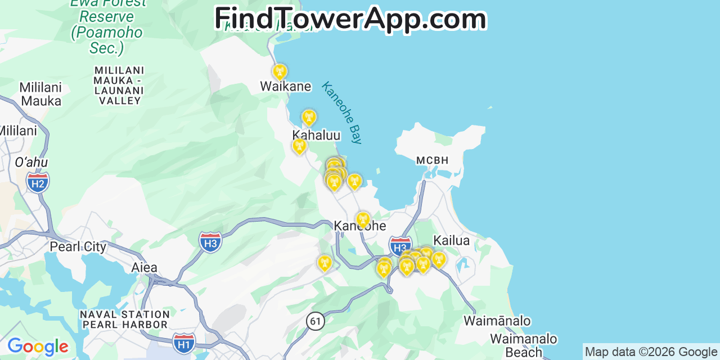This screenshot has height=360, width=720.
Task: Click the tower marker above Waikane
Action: (x=279, y=72)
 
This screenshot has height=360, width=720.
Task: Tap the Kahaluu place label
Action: (x=316, y=136)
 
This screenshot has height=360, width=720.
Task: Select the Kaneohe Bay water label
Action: (x=341, y=112)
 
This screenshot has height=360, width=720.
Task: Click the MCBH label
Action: (x=433, y=160)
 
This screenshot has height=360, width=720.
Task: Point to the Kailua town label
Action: (x=451, y=240)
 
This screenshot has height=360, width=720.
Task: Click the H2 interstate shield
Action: (x=38, y=183)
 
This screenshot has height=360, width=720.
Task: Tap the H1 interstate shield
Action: (x=184, y=343)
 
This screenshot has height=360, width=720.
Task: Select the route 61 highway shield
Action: (x=316, y=321)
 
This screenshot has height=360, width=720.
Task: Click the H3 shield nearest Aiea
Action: (x=210, y=242)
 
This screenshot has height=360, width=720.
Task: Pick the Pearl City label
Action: (x=78, y=247)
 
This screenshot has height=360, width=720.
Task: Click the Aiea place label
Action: (x=145, y=268)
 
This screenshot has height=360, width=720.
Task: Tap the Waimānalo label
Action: (x=497, y=321)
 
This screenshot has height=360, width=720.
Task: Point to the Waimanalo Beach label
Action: (x=523, y=345)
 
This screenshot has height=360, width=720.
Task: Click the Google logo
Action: (x=38, y=346)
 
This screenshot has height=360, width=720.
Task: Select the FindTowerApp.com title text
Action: (x=350, y=19)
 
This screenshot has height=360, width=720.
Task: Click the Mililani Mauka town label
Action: (x=40, y=94)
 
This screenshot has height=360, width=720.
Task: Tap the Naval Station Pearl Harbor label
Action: (x=125, y=319)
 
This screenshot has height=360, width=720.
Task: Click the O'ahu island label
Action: (x=31, y=163)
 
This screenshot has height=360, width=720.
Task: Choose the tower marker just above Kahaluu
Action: (x=308, y=118)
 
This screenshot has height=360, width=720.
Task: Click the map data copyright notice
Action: (x=651, y=352)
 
